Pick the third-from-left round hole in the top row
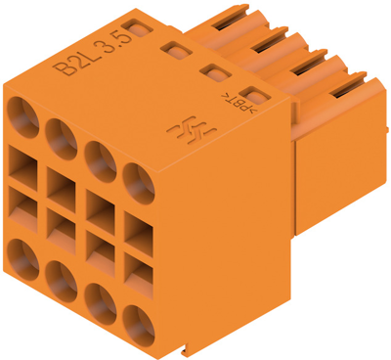coord(99,157)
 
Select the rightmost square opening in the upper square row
coord(138,232)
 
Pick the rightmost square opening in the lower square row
coord(138,273)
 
